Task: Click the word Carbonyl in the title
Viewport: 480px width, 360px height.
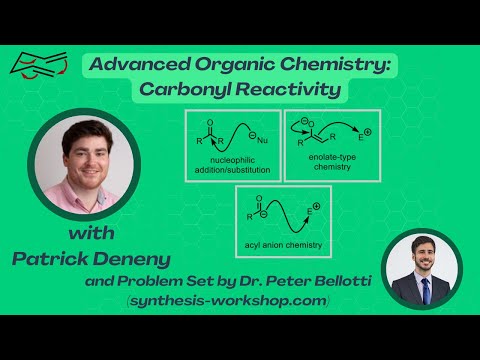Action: pyautogui.click(x=198, y=90)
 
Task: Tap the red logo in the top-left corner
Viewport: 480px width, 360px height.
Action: pyautogui.click(x=37, y=66)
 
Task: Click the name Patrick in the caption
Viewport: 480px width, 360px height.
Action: pyautogui.click(x=53, y=259)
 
